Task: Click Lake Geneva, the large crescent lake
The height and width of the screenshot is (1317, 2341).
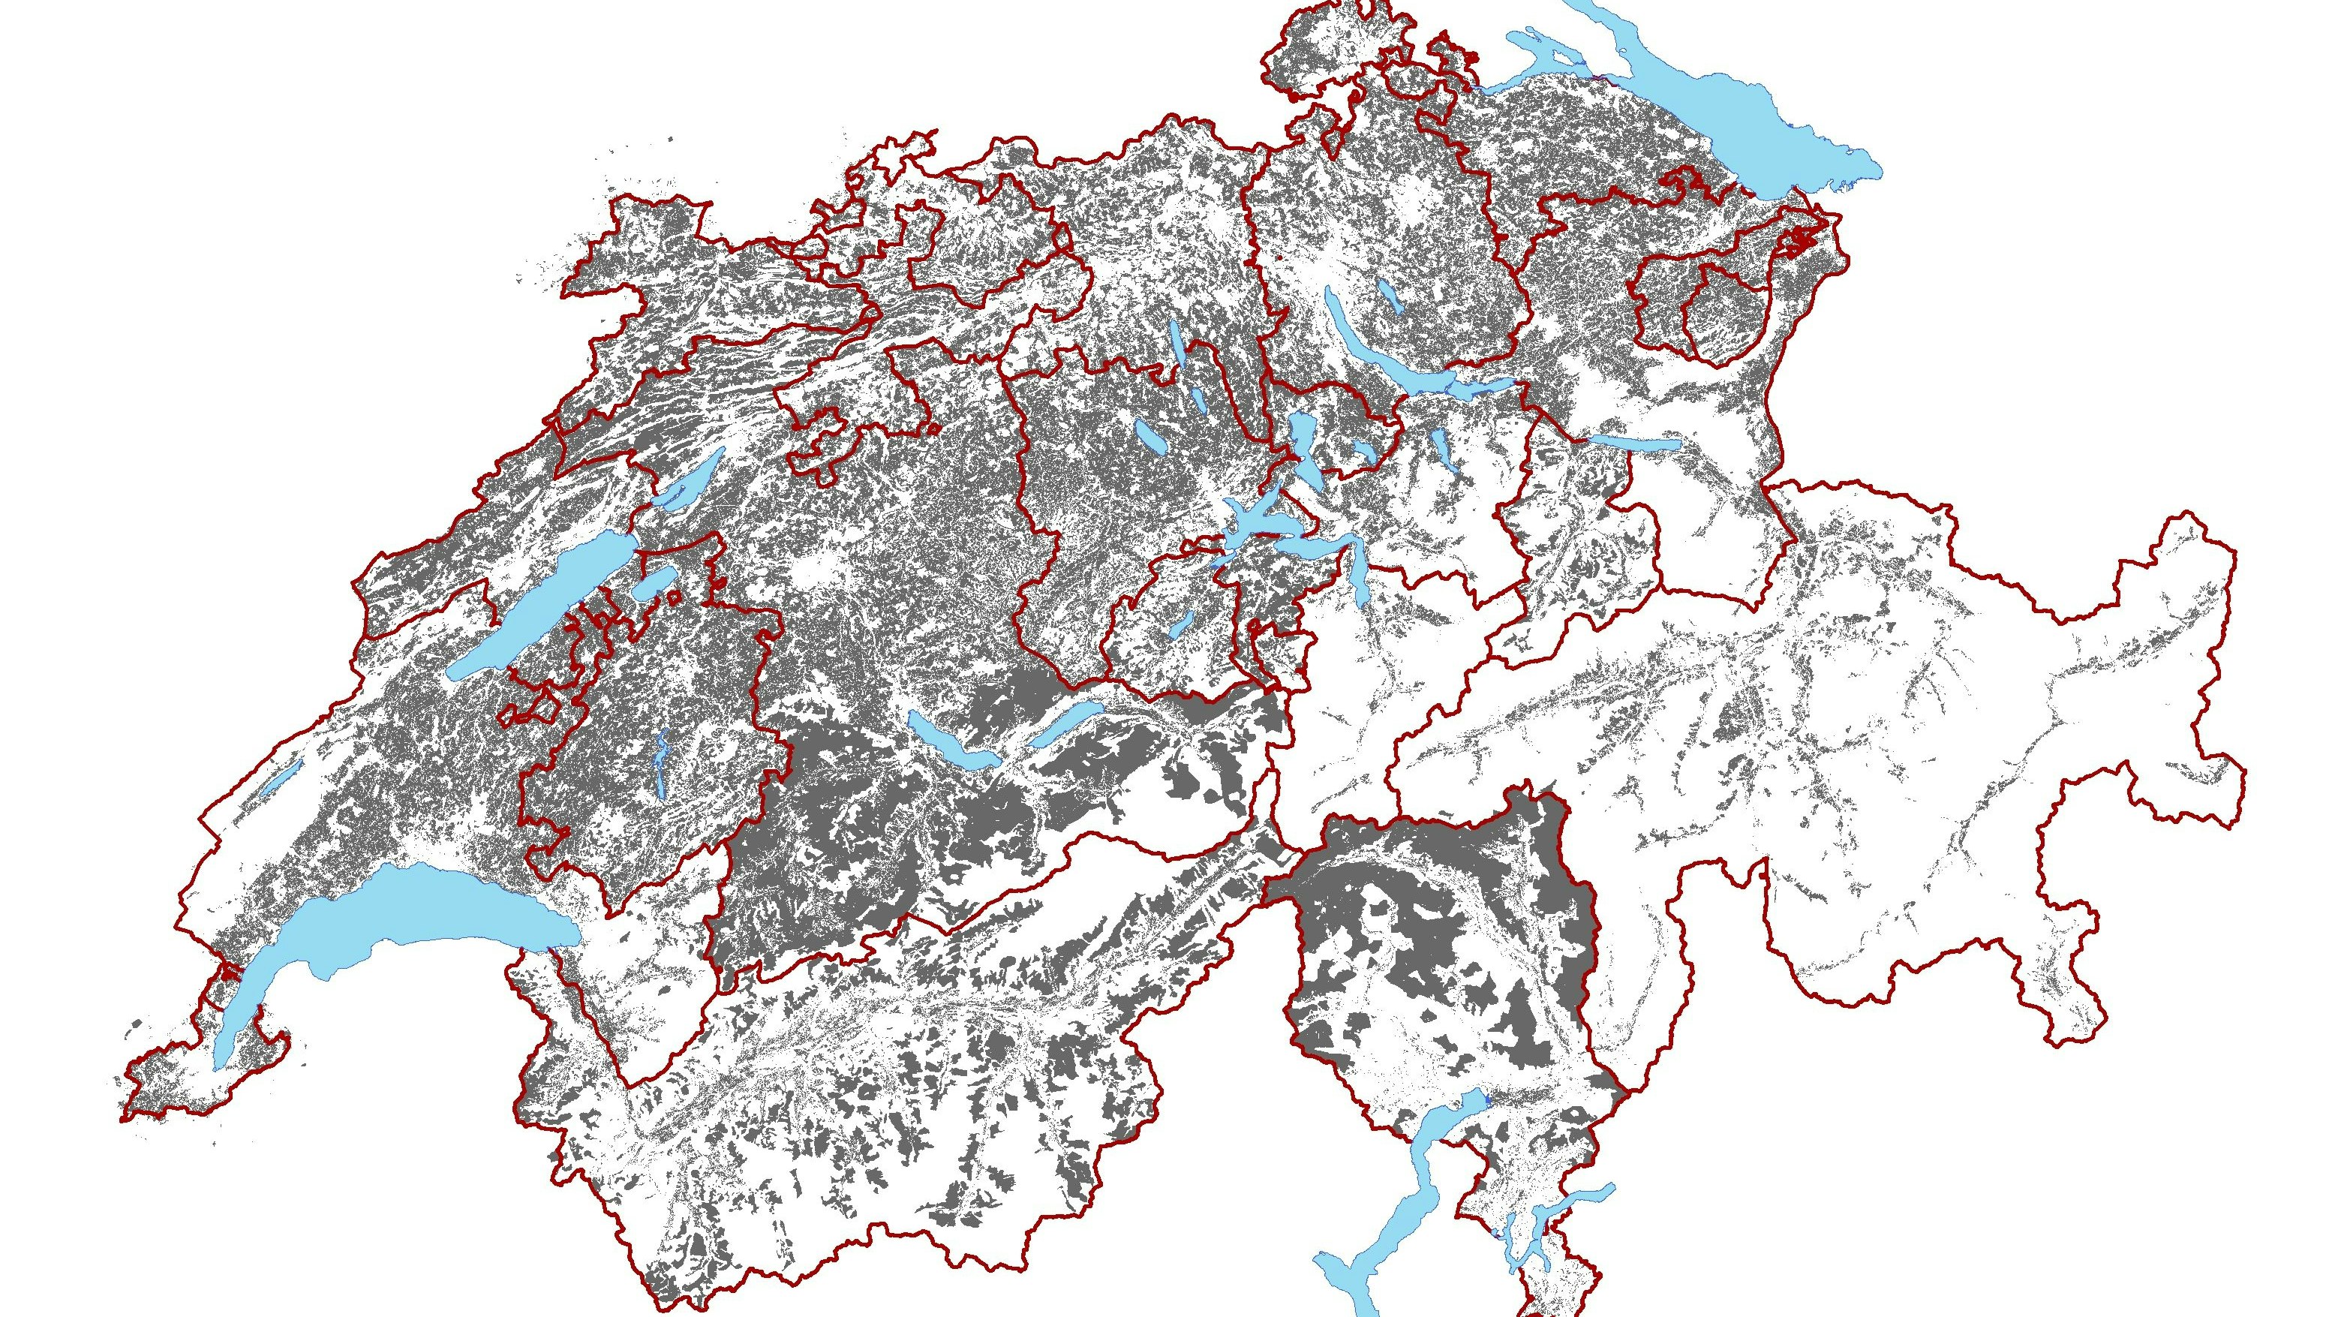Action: click(x=409, y=918)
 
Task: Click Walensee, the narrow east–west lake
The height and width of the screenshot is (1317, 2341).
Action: click(x=1636, y=443)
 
